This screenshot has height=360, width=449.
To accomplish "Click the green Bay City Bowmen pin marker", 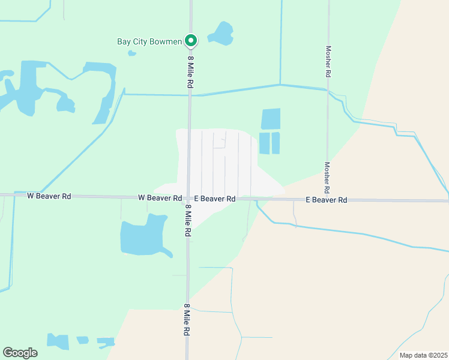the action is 191,41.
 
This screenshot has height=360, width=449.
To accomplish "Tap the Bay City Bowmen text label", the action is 149,42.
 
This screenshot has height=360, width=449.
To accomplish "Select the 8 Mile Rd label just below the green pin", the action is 190,73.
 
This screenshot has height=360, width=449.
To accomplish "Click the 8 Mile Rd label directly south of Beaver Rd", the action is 188,220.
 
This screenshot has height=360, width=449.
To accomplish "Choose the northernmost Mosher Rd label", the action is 328,61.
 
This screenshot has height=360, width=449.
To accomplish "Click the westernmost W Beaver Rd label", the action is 49,196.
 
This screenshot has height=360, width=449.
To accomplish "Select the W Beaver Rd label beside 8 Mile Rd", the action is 160,197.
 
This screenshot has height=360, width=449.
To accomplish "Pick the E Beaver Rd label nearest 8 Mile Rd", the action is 214,199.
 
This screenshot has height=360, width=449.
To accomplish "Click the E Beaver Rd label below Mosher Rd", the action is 327,200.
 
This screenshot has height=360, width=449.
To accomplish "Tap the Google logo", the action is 20,353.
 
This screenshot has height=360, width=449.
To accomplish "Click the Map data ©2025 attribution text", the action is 423,355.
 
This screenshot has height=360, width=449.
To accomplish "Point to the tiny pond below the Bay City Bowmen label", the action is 132,53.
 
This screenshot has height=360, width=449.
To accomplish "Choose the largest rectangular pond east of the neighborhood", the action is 271,119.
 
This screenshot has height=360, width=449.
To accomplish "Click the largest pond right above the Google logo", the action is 59,341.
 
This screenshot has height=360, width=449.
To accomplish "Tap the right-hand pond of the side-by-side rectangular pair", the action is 276,143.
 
